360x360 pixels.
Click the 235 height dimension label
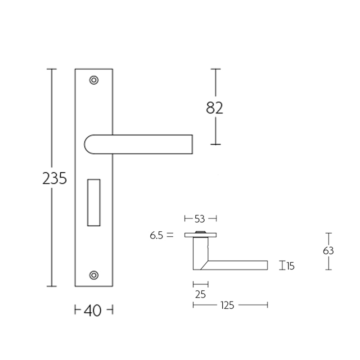(x=54, y=179)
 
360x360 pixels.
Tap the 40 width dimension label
(x=93, y=310)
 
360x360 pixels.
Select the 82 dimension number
(x=215, y=108)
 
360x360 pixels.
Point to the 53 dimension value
(x=200, y=219)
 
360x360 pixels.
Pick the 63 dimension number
(x=328, y=251)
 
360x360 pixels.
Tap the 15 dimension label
(x=290, y=266)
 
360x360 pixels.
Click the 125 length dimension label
(x=228, y=305)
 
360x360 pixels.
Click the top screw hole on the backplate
(x=94, y=80)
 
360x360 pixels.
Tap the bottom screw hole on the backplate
(x=94, y=274)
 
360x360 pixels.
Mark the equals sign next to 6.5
(x=170, y=234)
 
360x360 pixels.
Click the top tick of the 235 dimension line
(x=53, y=69)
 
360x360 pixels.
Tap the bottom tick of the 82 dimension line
(x=216, y=144)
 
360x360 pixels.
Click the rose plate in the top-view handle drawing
(x=201, y=235)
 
